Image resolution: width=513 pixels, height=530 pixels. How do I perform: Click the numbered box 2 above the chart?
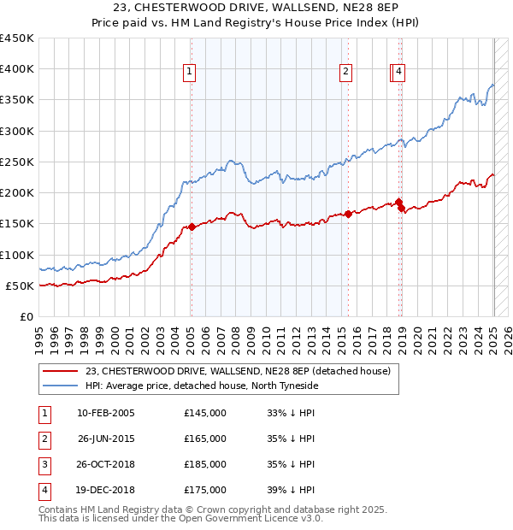[345, 73]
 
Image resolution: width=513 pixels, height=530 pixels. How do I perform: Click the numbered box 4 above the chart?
[399, 73]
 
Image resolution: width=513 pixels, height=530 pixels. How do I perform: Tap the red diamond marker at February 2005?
[192, 227]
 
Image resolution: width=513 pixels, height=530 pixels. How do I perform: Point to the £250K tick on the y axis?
[17, 162]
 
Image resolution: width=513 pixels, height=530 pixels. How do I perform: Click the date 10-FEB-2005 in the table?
[106, 413]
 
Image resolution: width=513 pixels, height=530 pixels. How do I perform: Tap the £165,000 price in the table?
[205, 439]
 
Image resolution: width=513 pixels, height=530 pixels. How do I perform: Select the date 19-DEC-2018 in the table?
[106, 490]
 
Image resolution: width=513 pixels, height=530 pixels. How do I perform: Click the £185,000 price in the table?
[205, 464]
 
